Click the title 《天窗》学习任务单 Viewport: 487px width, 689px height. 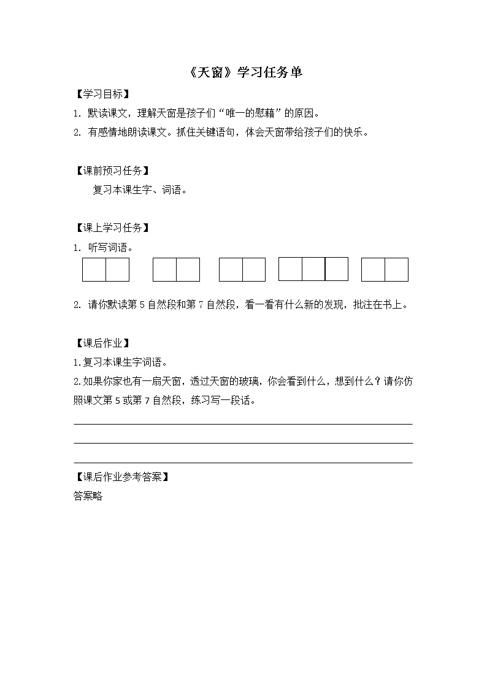coord(243,73)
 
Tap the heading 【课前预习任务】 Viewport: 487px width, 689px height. coord(112,171)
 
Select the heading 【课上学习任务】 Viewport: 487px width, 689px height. coord(112,228)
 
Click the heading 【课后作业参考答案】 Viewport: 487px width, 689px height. coord(121,477)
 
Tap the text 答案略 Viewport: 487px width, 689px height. coord(88,496)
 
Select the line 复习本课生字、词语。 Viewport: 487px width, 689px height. coord(140,190)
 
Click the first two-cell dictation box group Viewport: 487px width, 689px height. coord(105,270)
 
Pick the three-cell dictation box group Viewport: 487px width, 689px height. coord(313,269)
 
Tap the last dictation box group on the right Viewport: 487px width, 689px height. coord(385,270)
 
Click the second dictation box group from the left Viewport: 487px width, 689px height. coord(176,270)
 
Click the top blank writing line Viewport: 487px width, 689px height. coord(243,423)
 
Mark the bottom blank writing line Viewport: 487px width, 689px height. coord(243,463)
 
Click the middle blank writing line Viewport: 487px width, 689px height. coord(243,443)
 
